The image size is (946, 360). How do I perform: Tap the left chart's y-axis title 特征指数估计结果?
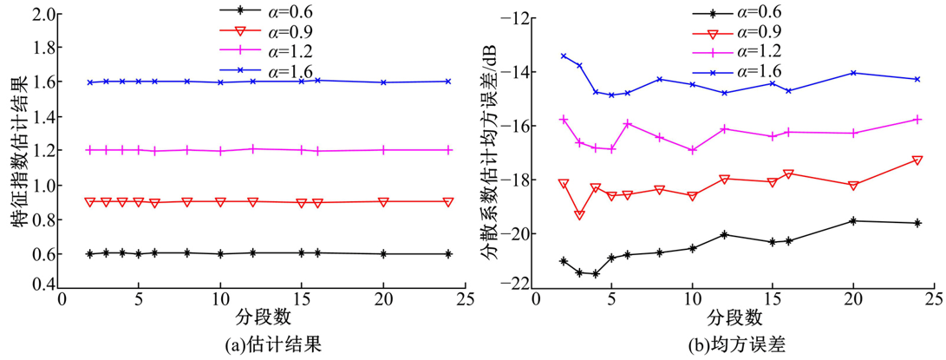coord(18,150)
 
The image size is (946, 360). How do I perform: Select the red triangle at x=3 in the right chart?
coord(579,214)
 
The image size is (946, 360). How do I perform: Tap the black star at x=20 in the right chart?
coord(853,221)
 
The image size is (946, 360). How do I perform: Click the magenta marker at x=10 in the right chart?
coord(692,150)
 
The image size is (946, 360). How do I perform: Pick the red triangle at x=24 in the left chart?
coord(447,201)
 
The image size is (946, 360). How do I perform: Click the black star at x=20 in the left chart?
coord(383,254)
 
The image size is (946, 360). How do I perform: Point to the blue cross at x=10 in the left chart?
coord(221,82)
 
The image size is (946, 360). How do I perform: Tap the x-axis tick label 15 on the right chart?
coord(772,298)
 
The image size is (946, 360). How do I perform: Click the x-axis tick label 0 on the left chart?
coord(61,298)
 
